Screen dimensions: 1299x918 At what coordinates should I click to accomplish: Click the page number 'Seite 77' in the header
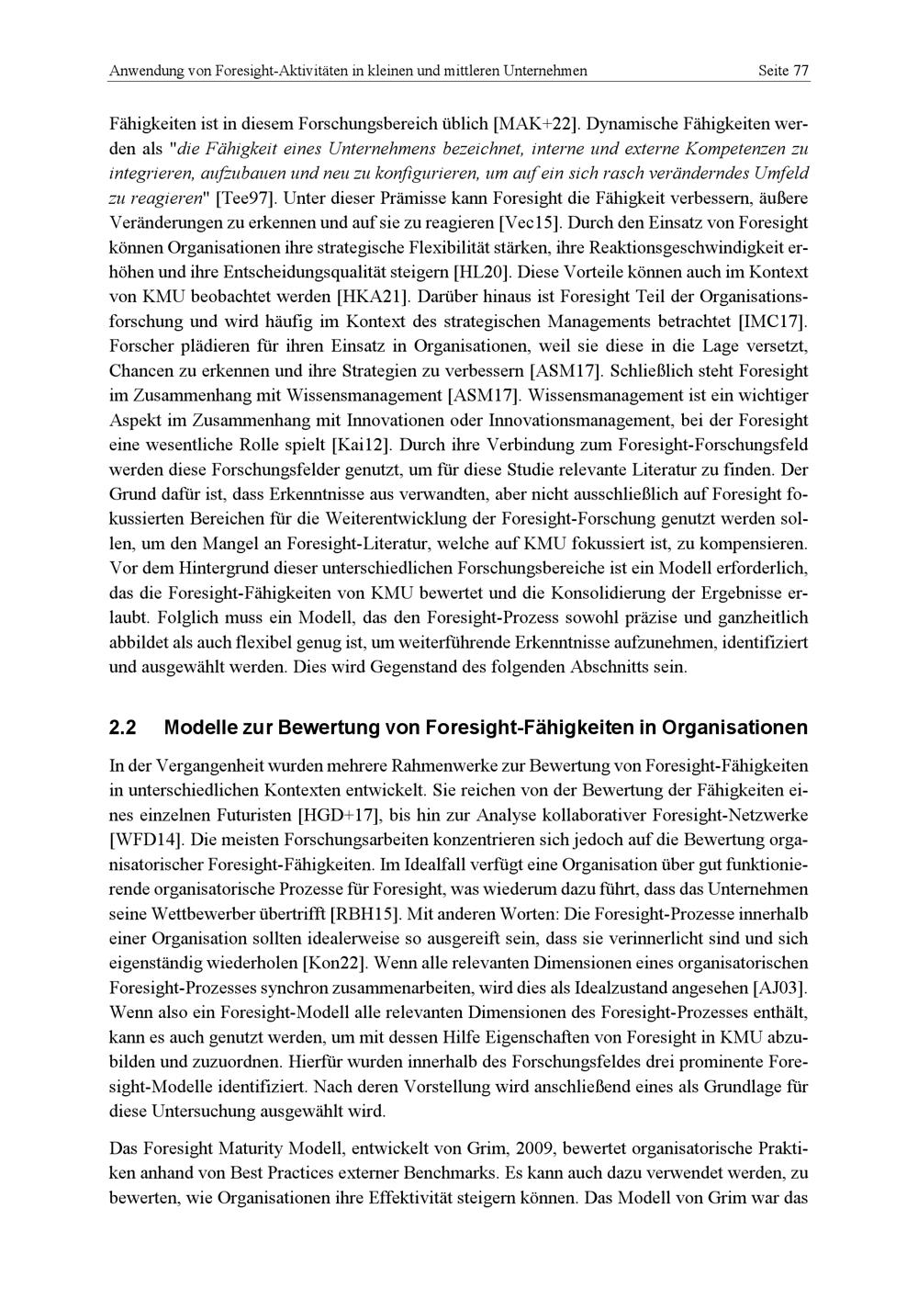[x=782, y=71]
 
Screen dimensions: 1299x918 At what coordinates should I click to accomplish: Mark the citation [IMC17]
[x=771, y=322]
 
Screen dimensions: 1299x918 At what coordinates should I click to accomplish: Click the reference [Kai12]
[x=362, y=446]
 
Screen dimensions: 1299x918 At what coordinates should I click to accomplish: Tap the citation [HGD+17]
[x=343, y=814]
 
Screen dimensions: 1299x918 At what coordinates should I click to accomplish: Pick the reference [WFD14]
[x=145, y=839]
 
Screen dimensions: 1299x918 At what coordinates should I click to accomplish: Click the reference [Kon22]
[x=334, y=964]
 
